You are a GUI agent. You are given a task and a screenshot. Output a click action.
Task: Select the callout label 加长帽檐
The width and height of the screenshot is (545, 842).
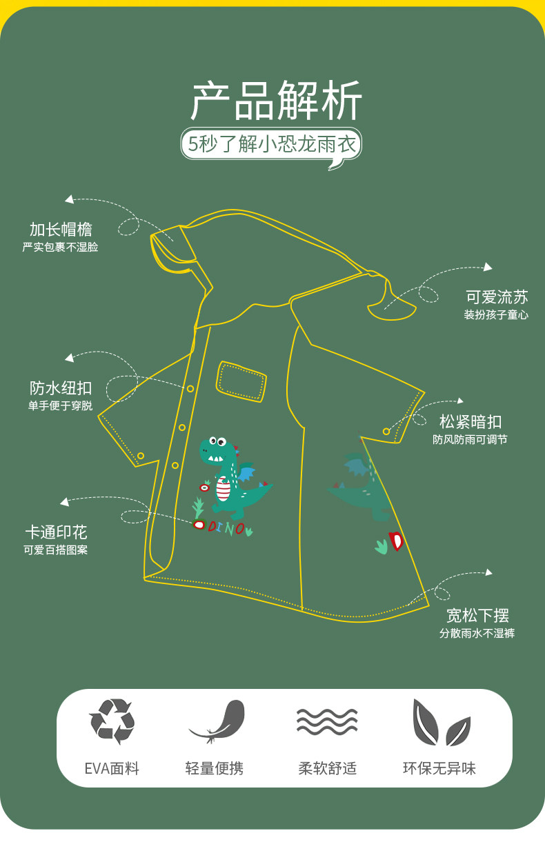[61, 230]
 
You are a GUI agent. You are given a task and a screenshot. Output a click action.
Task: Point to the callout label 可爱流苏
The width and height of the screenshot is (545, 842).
[497, 297]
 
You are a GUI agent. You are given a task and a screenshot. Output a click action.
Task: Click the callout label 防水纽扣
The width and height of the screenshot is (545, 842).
[61, 388]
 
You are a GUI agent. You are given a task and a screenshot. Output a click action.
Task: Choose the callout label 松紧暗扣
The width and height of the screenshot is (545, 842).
[470, 421]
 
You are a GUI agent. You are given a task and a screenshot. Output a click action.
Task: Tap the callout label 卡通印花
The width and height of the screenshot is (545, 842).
[56, 532]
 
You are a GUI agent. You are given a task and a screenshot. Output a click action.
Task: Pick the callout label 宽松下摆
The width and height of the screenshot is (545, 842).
[477, 615]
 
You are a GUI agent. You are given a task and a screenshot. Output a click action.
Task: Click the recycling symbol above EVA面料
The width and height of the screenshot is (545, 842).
[112, 721]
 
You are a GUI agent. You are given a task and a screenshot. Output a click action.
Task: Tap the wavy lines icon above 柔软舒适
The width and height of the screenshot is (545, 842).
[327, 721]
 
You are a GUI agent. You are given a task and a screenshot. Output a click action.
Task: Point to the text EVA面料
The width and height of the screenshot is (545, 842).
[112, 768]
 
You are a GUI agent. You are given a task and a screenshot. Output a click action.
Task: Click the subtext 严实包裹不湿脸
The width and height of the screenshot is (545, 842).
[61, 247]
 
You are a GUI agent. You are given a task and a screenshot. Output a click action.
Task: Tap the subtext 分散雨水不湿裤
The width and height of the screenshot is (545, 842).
[477, 633]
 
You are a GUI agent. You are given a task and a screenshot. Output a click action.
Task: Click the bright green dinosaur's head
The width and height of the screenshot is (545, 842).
[215, 450]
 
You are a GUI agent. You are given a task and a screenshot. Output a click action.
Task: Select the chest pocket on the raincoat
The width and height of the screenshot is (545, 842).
[241, 381]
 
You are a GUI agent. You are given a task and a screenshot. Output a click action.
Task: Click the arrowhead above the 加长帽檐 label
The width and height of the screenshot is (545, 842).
[69, 199]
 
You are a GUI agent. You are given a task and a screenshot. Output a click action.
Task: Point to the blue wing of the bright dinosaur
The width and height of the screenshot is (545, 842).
[246, 474]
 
